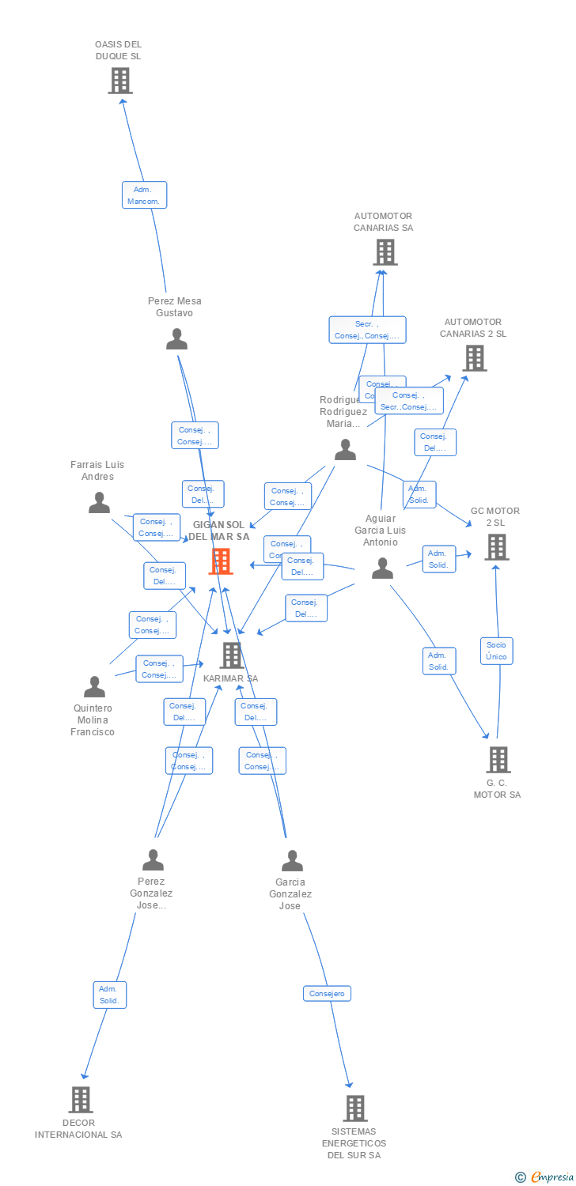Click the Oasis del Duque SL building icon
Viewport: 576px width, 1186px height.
click(x=120, y=80)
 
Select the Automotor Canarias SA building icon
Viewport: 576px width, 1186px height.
click(x=385, y=252)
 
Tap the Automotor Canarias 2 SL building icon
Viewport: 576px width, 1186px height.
click(x=474, y=358)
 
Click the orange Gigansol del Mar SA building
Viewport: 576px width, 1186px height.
click(x=221, y=561)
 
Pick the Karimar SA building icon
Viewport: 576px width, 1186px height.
click(x=231, y=655)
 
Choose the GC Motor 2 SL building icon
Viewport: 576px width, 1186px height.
click(x=496, y=546)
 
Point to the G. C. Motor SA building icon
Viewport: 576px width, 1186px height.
click(x=498, y=759)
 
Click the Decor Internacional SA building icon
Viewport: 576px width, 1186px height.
click(x=80, y=1099)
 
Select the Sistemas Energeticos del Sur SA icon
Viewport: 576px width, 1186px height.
click(x=355, y=1108)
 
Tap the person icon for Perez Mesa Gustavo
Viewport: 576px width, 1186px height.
click(x=176, y=338)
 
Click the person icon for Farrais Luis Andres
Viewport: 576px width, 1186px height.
click(x=99, y=502)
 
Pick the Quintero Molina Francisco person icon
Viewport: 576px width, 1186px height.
click(x=94, y=686)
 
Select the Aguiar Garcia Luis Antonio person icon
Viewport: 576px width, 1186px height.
click(x=382, y=568)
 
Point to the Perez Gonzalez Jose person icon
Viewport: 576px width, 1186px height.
click(x=153, y=859)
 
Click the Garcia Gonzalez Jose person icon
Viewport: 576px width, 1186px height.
click(x=292, y=860)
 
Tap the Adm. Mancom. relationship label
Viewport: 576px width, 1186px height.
click(x=144, y=195)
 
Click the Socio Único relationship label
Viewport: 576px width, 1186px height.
click(x=496, y=651)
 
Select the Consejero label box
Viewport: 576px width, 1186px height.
click(x=327, y=993)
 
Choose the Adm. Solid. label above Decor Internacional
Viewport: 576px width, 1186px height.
click(x=109, y=995)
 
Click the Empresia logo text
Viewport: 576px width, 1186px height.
click(x=551, y=1177)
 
